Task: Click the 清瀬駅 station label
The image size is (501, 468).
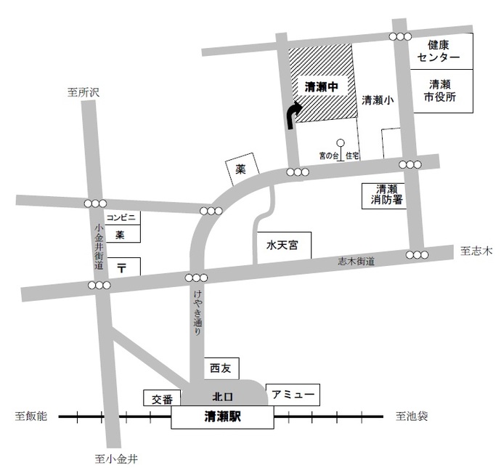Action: click(x=223, y=418)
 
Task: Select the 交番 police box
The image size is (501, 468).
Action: click(x=162, y=399)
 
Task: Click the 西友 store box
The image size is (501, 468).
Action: click(x=219, y=368)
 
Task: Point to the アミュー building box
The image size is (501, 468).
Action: click(x=292, y=395)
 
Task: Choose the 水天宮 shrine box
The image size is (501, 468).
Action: click(x=282, y=246)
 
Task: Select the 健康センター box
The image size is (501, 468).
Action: click(x=443, y=51)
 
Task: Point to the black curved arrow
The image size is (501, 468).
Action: click(x=292, y=115)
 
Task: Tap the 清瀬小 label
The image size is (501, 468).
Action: click(x=377, y=101)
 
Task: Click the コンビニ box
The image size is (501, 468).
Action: click(x=122, y=217)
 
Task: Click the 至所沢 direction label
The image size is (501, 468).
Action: click(x=82, y=92)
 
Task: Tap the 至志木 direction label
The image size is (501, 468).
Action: click(x=476, y=251)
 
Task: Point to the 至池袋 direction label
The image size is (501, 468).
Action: click(x=412, y=416)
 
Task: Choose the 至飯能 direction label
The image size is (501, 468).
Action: click(x=30, y=416)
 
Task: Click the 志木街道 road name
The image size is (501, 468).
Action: click(x=356, y=261)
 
